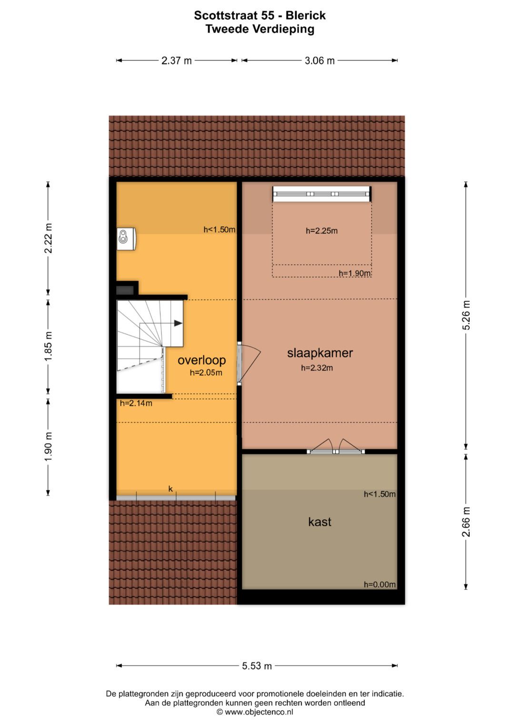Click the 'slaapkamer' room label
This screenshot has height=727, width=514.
click(x=320, y=353)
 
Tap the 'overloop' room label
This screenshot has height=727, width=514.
click(x=201, y=360)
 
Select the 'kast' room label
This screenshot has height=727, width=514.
click(x=320, y=522)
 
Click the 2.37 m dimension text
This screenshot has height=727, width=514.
click(x=177, y=60)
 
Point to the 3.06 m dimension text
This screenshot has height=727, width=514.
click(x=319, y=60)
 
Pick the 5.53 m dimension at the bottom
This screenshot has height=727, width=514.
click(x=257, y=666)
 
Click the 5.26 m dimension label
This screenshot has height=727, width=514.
click(x=466, y=315)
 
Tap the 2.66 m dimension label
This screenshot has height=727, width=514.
click(x=466, y=522)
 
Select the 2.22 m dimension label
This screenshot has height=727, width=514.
click(x=49, y=238)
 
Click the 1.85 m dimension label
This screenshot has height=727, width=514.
click(x=49, y=346)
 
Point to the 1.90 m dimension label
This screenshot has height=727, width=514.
click(x=49, y=447)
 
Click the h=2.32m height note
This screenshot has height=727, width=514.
click(x=316, y=368)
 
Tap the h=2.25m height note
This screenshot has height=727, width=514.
click(x=322, y=231)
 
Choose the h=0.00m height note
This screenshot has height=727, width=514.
click(x=379, y=585)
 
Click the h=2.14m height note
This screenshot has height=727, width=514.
click(x=136, y=403)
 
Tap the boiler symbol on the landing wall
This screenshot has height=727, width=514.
click(x=127, y=238)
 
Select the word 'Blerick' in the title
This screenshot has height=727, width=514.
click(x=306, y=16)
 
